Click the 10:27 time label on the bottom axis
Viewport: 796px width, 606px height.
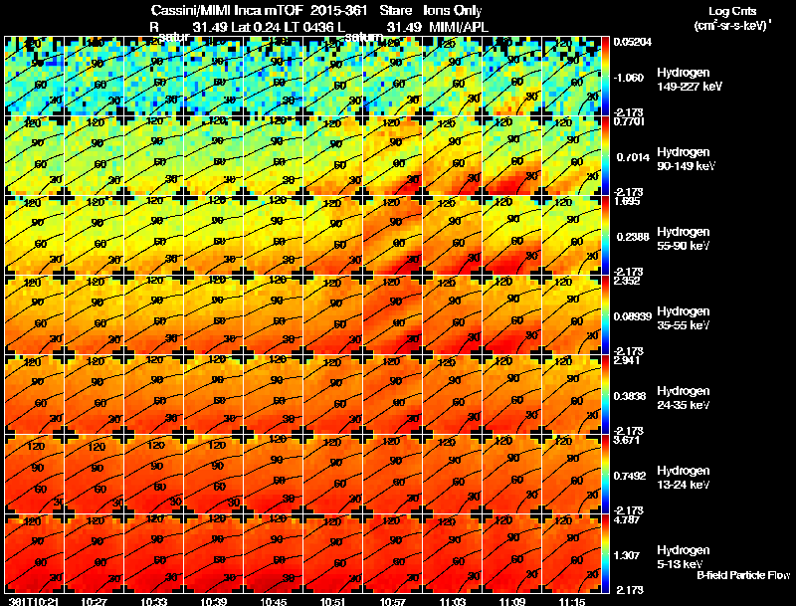(95, 601)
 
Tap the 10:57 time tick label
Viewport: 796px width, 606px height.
(393, 601)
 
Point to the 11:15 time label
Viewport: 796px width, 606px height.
(571, 601)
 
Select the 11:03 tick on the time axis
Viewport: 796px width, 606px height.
(453, 601)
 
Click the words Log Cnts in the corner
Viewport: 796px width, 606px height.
(730, 11)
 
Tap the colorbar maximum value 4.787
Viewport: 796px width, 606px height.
(627, 519)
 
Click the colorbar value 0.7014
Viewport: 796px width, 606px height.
(631, 157)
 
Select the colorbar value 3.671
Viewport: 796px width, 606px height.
(627, 440)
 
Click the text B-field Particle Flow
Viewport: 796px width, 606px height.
(743, 575)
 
